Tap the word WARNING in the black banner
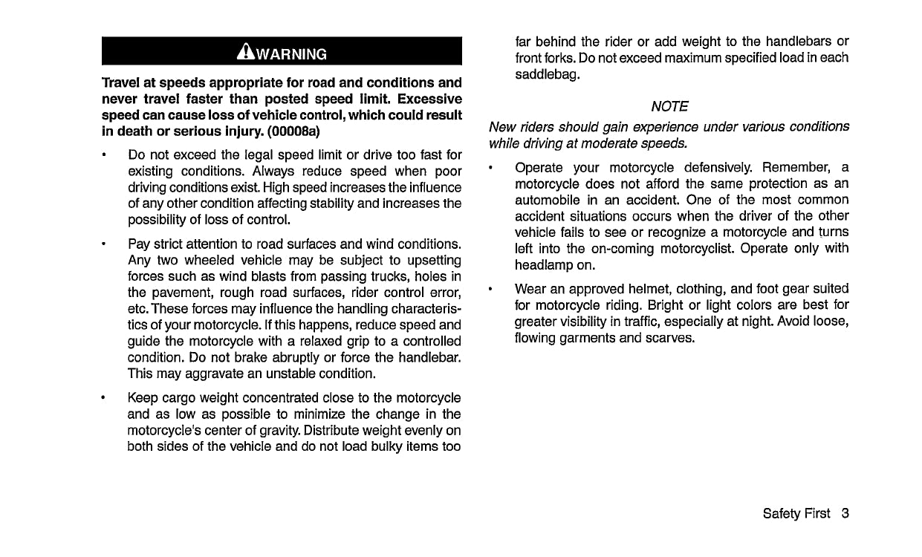tap(291, 53)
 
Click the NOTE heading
tap(669, 107)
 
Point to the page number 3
tap(845, 514)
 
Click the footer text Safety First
tap(796, 514)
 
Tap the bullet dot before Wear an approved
tap(491, 289)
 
